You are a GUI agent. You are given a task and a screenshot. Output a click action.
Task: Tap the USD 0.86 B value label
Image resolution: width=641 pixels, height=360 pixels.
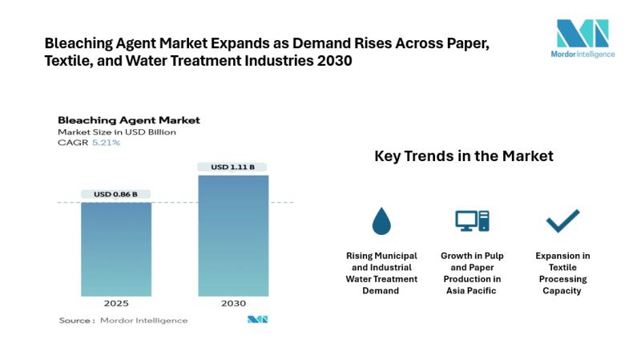(115, 194)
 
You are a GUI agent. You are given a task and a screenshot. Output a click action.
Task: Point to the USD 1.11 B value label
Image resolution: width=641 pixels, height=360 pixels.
(232, 167)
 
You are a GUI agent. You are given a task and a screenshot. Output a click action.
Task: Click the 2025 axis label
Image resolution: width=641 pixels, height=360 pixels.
(115, 304)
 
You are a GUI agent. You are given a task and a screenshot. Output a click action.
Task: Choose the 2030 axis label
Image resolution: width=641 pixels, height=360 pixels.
(232, 304)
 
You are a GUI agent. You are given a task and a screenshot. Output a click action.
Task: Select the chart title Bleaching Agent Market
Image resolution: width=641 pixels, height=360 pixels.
(128, 120)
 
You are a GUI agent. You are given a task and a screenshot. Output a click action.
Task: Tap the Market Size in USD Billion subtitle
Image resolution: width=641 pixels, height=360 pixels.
(116, 131)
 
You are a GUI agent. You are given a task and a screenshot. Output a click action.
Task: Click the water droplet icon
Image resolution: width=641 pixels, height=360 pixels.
(381, 220)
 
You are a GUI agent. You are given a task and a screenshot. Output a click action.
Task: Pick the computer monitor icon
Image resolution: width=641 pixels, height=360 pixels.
(472, 220)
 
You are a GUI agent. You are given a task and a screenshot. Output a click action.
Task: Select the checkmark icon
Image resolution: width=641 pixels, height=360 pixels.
(562, 220)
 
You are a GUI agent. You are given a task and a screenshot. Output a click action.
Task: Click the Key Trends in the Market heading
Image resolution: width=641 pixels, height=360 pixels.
(463, 156)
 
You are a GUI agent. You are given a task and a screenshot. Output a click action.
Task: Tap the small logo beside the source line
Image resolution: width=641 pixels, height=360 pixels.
(257, 320)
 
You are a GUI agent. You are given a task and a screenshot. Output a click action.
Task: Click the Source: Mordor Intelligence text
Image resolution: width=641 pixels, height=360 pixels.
(123, 320)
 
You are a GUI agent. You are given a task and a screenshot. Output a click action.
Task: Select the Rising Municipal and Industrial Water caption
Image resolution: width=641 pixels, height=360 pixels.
(381, 273)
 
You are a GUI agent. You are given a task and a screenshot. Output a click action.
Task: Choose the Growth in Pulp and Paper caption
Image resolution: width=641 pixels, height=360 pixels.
(472, 273)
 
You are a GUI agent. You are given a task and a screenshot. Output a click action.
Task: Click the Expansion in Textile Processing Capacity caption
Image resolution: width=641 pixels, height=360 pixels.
(562, 273)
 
